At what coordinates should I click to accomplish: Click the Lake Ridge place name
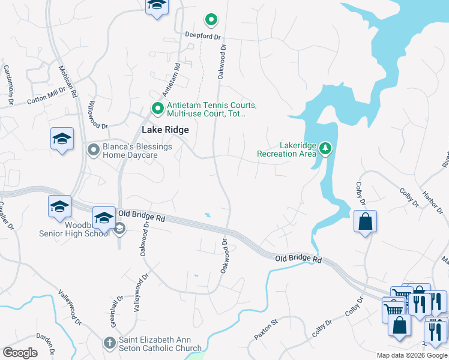165,130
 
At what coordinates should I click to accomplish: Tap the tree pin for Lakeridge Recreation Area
325,148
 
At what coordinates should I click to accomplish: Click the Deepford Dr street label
203,35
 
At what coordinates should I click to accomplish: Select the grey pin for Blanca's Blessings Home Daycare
93,149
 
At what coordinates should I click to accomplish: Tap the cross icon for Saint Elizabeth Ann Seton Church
109,343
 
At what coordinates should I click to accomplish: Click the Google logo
20,353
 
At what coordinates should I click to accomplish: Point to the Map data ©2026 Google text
411,355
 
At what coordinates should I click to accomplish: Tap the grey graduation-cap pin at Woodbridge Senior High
119,228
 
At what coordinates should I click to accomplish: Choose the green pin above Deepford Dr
211,20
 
